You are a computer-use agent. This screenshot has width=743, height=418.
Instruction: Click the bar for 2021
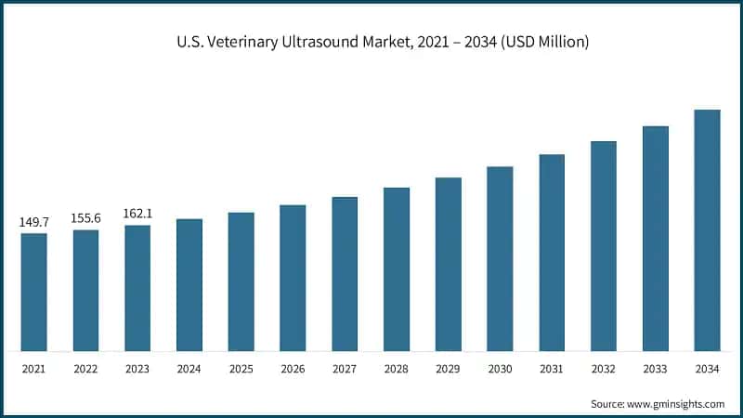[34, 293]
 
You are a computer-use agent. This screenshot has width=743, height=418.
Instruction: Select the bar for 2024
[189, 285]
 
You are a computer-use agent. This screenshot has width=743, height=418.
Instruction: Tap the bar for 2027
[345, 274]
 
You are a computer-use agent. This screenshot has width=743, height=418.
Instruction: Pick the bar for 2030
[500, 259]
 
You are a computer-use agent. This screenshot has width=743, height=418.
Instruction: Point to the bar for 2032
[604, 246]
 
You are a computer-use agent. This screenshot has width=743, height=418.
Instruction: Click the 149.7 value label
[34, 223]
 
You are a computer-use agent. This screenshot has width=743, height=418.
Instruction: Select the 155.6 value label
[86, 218]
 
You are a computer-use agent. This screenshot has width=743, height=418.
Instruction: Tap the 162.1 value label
[137, 214]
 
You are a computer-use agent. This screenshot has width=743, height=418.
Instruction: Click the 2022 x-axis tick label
[86, 370]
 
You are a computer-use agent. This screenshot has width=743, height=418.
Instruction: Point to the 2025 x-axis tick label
[241, 370]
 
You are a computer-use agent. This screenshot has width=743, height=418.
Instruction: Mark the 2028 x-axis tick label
[397, 370]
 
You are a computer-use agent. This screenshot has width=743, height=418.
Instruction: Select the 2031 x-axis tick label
[552, 370]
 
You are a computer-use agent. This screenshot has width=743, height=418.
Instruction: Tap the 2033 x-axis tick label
[656, 370]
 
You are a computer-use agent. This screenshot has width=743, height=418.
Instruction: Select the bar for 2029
[449, 265]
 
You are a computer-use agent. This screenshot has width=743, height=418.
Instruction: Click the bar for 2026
[293, 279]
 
